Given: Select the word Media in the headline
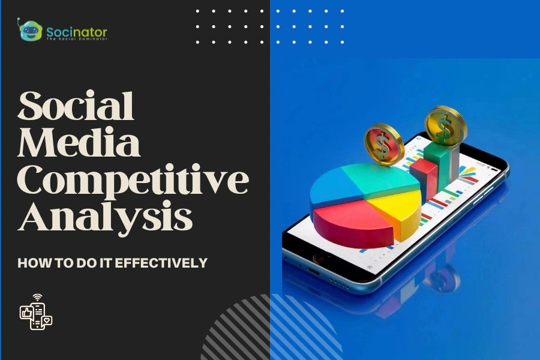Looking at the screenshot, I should (79, 144).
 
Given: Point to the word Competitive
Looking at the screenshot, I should (133, 181).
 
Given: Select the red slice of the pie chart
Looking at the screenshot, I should (347, 221).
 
